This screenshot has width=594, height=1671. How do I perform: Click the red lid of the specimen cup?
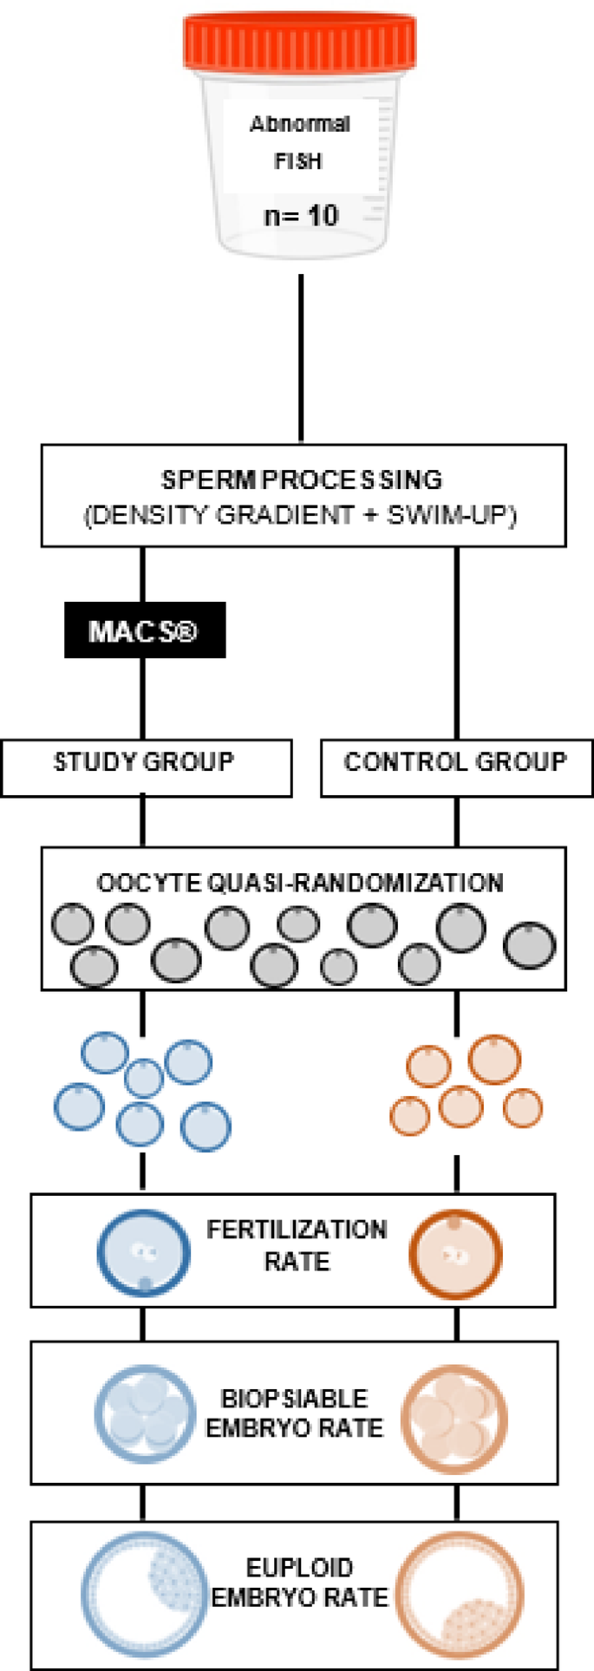pyautogui.click(x=299, y=43)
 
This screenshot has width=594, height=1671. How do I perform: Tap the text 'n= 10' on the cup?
pyautogui.click(x=300, y=215)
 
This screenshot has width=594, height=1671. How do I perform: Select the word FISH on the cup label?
pyautogui.click(x=298, y=162)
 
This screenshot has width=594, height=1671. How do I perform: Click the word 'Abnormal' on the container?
pyautogui.click(x=299, y=124)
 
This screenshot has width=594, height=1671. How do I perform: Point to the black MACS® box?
pyautogui.click(x=145, y=630)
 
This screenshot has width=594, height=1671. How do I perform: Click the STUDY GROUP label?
pyautogui.click(x=144, y=762)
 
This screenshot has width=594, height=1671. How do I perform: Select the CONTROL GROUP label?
pyautogui.click(x=455, y=762)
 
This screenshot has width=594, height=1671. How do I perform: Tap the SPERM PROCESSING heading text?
pyautogui.click(x=302, y=480)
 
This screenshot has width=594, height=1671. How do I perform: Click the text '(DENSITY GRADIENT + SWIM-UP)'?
pyautogui.click(x=301, y=515)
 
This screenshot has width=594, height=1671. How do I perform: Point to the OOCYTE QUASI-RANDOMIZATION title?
pyautogui.click(x=300, y=883)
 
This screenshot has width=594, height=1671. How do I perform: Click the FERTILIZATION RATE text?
pyautogui.click(x=297, y=1245)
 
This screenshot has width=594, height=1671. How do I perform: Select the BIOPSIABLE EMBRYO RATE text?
pyautogui.click(x=294, y=1413)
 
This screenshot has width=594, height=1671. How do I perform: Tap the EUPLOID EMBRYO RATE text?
pyautogui.click(x=299, y=1583)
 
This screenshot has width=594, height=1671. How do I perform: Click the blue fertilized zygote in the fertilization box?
pyautogui.click(x=143, y=1254)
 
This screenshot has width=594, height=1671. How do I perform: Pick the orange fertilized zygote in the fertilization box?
pyautogui.click(x=455, y=1254)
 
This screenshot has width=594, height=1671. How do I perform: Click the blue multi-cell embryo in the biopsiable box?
pyautogui.click(x=144, y=1414)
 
